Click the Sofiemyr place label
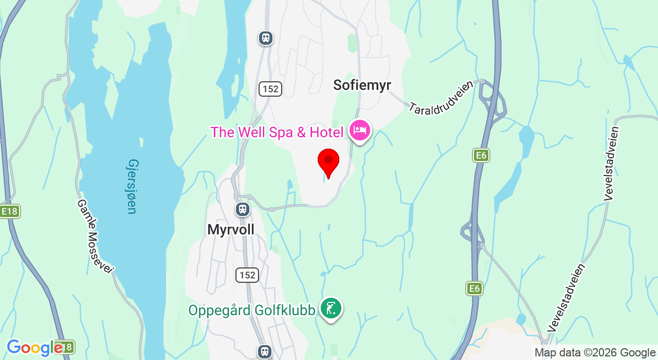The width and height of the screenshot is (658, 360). tap(362, 85)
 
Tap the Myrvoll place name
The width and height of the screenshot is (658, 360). tap(231, 229)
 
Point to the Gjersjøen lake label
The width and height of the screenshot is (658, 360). tap(132, 186)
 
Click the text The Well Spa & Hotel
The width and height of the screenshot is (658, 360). tap(277, 132)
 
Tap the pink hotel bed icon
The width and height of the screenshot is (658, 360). tap(360, 130)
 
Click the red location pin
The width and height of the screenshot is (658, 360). tap(328, 161)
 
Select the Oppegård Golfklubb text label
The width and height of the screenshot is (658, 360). tap(251, 311)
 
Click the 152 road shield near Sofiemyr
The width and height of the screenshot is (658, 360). tap(270, 89)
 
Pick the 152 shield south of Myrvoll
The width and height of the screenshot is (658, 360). tap(247, 275)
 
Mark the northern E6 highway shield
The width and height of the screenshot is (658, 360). tap(481, 155)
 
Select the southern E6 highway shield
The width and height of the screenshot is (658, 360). tap(474, 289)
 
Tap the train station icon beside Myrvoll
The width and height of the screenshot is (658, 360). tap(243, 209)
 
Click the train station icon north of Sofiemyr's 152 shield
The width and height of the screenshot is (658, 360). tap(266, 38)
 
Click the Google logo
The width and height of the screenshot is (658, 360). tap(34, 348)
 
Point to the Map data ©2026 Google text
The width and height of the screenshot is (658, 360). tap(595, 353)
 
